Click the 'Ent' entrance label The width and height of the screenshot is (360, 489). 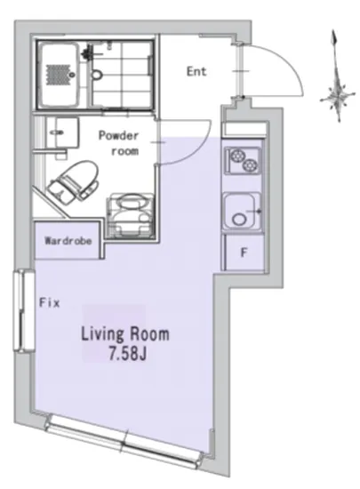[196, 71]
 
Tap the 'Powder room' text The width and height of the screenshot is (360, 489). [119, 143]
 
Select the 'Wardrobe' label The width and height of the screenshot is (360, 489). [68, 241]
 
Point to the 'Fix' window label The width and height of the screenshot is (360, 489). [50, 302]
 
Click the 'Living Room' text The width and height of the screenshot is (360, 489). [125, 334]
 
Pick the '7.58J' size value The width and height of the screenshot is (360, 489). [127, 354]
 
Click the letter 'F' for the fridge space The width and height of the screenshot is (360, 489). [244, 253]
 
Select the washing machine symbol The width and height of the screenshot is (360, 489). [130, 215]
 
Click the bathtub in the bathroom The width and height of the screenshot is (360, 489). [60, 74]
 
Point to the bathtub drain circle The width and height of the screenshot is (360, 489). [72, 75]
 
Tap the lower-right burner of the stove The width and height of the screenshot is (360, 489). [251, 165]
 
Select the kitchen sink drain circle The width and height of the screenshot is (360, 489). [239, 219]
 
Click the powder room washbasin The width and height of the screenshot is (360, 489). [62, 132]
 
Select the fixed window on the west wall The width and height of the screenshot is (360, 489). [24, 310]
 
